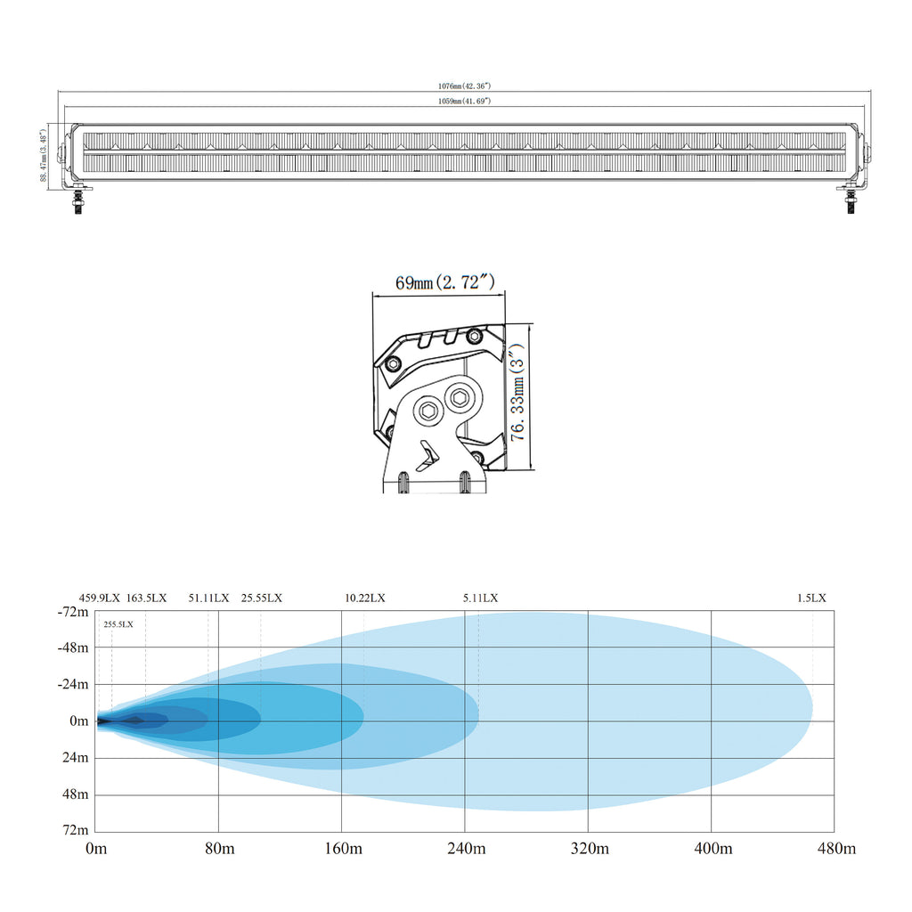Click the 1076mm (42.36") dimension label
[x=464, y=86]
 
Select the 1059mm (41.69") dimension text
[x=464, y=102]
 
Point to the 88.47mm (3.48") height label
[x=44, y=155]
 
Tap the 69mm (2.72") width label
[x=445, y=282]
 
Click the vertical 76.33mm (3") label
[x=517, y=392]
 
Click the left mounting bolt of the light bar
[x=77, y=201]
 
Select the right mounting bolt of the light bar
[x=851, y=201]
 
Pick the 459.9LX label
[x=100, y=598]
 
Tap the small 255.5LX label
[x=118, y=624]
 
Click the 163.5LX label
[x=147, y=598]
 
